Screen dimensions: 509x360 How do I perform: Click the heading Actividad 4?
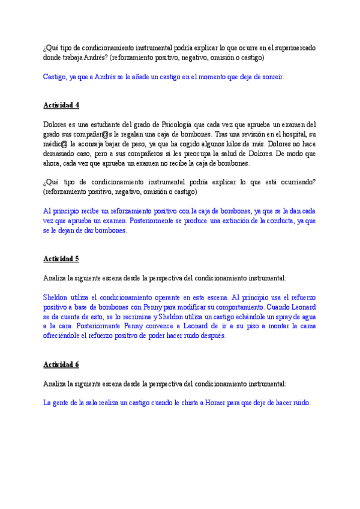point(61,105)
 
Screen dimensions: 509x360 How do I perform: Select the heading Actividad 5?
point(61,259)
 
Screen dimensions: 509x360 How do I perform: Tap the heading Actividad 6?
point(61,364)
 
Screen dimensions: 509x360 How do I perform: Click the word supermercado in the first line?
point(295,47)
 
